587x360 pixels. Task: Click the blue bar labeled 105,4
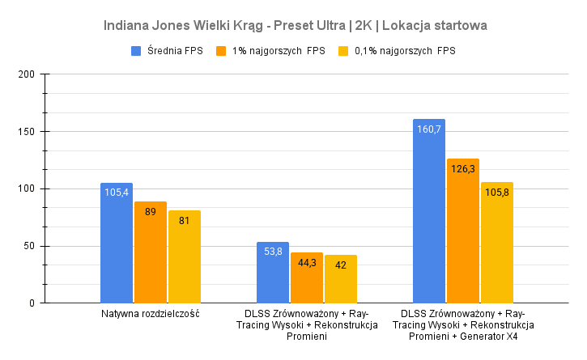117,243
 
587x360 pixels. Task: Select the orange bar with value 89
151,252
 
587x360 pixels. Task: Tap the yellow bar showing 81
185,256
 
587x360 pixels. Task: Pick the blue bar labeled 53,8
273,273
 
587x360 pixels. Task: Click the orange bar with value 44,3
307,277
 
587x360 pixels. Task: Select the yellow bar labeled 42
341,279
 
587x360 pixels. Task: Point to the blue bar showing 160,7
429,211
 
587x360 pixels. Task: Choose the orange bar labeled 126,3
463,231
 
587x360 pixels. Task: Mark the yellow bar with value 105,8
497,243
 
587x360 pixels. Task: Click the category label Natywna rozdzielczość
151,313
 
